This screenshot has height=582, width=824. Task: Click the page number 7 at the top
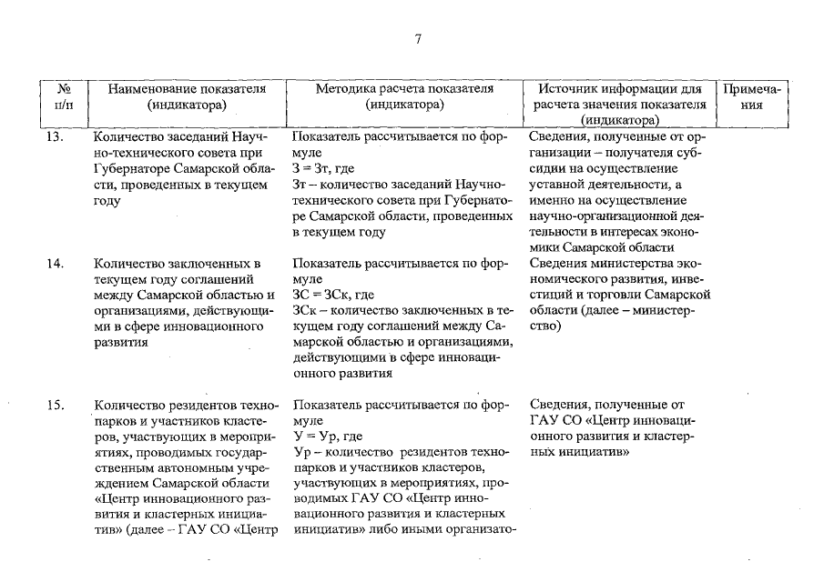[x=418, y=38]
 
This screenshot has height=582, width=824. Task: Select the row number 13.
[x=56, y=137]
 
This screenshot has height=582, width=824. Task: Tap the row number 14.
[x=56, y=264]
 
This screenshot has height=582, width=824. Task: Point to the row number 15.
[x=56, y=406]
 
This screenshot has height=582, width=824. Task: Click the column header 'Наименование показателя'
[x=187, y=89]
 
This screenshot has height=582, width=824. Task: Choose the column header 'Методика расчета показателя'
[x=404, y=89]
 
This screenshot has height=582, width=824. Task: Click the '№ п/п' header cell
[x=65, y=96]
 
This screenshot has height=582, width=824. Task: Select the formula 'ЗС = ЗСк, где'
[x=333, y=296]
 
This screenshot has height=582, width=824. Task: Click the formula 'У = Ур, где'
[x=328, y=436]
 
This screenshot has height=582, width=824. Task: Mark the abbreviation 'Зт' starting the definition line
[x=300, y=185]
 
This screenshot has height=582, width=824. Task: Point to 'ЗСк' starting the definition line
[x=304, y=311]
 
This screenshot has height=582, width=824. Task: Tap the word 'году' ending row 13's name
[x=107, y=201]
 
